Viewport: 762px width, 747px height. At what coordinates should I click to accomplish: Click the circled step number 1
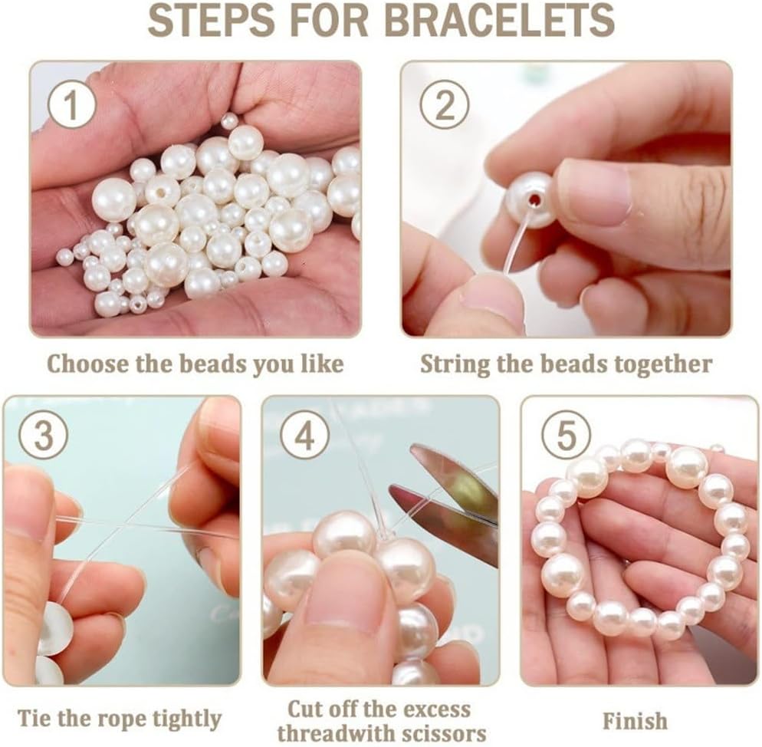click(71, 106)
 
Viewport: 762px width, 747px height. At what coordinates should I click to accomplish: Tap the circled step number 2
click(444, 104)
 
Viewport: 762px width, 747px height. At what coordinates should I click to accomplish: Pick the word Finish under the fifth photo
click(635, 721)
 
